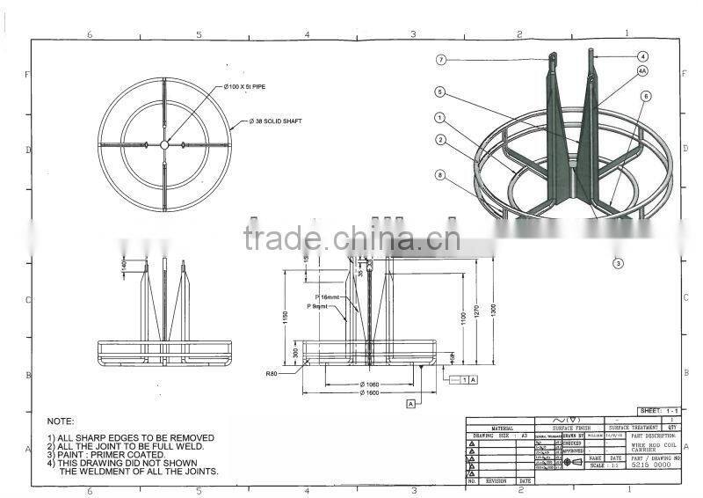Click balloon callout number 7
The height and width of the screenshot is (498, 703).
click(x=442, y=59)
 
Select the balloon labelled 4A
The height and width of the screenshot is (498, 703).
click(x=642, y=70)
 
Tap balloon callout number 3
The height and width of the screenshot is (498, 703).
click(x=618, y=262)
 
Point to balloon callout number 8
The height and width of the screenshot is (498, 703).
click(x=439, y=174)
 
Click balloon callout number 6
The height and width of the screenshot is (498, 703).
click(x=646, y=96)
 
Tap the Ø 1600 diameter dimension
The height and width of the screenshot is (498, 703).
click(x=370, y=392)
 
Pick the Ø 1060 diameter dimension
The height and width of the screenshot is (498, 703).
click(x=370, y=384)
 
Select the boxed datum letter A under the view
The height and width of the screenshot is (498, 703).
click(x=409, y=403)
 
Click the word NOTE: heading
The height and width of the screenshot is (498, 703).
click(x=61, y=421)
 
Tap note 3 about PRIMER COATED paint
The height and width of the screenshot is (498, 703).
click(x=105, y=454)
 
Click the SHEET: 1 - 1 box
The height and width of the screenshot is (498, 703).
click(x=660, y=411)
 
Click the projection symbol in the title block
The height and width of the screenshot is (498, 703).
click(x=572, y=461)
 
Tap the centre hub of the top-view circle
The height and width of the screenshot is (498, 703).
click(x=164, y=144)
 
